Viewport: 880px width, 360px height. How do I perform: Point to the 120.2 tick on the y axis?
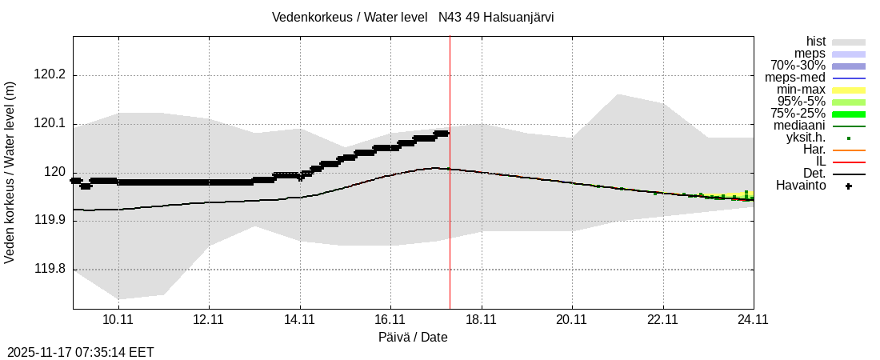click(50, 75)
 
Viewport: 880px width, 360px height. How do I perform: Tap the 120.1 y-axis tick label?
click(50, 124)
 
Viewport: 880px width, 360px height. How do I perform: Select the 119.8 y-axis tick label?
click(50, 270)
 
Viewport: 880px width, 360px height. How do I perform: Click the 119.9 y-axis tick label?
click(50, 222)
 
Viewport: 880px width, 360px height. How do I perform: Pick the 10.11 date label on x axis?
click(118, 319)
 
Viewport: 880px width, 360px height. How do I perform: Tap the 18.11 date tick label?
click(481, 319)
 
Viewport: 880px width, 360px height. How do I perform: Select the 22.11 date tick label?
click(662, 319)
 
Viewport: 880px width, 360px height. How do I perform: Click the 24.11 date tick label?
click(753, 319)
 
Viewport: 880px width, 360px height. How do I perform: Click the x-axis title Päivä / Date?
click(413, 338)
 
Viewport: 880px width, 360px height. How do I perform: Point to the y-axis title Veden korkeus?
click(10, 173)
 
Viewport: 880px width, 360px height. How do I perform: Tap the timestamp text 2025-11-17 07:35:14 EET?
click(81, 352)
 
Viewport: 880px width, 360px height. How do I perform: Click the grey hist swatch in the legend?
click(849, 42)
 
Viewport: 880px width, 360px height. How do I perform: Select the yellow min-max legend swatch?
click(849, 90)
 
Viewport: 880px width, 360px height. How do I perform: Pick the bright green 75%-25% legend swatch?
click(849, 114)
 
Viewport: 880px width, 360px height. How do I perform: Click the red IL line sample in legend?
click(849, 162)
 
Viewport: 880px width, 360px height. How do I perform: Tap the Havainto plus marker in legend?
click(849, 186)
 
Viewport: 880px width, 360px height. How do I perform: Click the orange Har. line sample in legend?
click(849, 150)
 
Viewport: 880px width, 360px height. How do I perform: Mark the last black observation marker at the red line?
click(446, 133)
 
